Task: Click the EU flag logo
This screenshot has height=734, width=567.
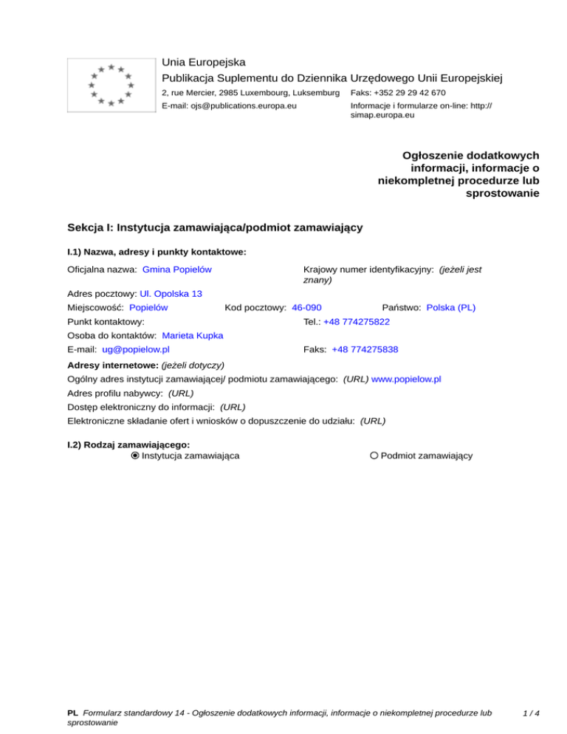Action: [110, 84]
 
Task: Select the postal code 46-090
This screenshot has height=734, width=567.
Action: [306, 306]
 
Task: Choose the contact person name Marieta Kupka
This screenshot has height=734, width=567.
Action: [193, 335]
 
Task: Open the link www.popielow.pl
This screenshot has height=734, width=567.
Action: [406, 379]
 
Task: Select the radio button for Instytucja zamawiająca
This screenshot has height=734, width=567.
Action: [135, 456]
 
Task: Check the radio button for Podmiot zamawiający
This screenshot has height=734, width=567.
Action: [374, 456]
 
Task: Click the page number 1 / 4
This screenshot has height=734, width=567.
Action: [530, 713]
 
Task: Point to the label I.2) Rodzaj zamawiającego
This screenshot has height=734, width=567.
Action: [128, 445]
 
